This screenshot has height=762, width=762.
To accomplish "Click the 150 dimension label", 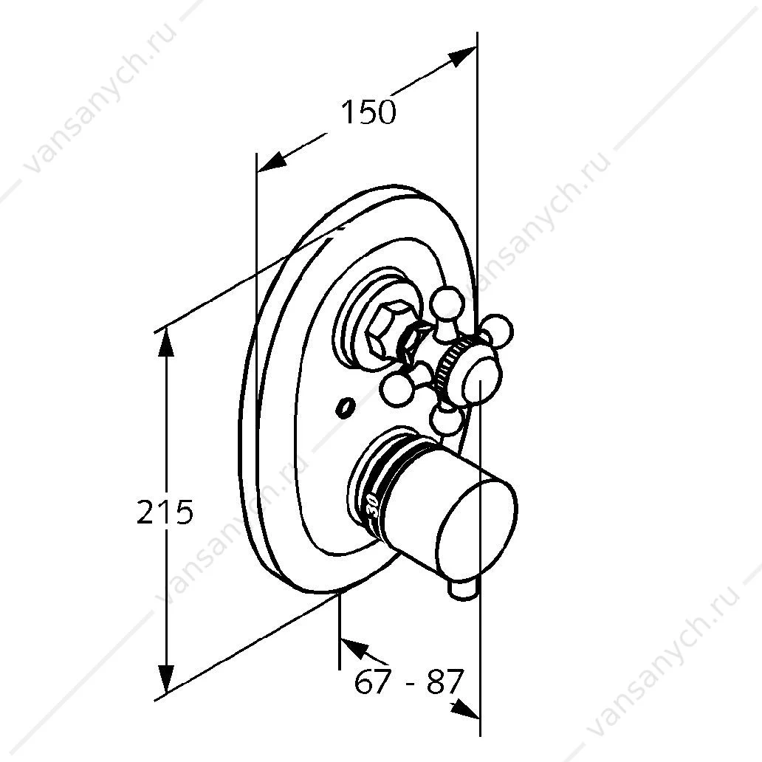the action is click(368, 111).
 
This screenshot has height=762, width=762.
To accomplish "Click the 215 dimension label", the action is click(165, 512).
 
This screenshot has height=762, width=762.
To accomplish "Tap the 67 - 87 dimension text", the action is click(409, 682).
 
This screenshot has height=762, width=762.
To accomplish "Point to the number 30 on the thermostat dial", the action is click(373, 507).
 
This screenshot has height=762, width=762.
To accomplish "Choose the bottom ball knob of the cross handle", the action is click(446, 420).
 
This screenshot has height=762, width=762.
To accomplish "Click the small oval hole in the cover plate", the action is click(345, 407).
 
